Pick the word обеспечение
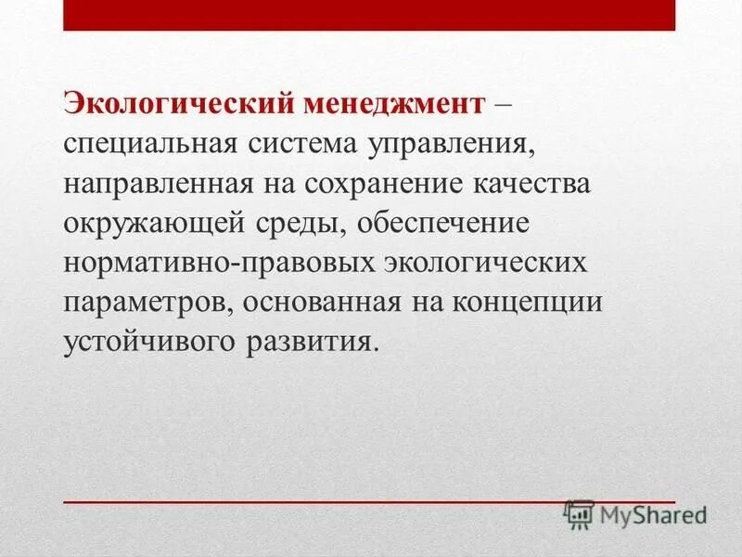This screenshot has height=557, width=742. coord(447,223)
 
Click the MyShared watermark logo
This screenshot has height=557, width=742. coord(635,513)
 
